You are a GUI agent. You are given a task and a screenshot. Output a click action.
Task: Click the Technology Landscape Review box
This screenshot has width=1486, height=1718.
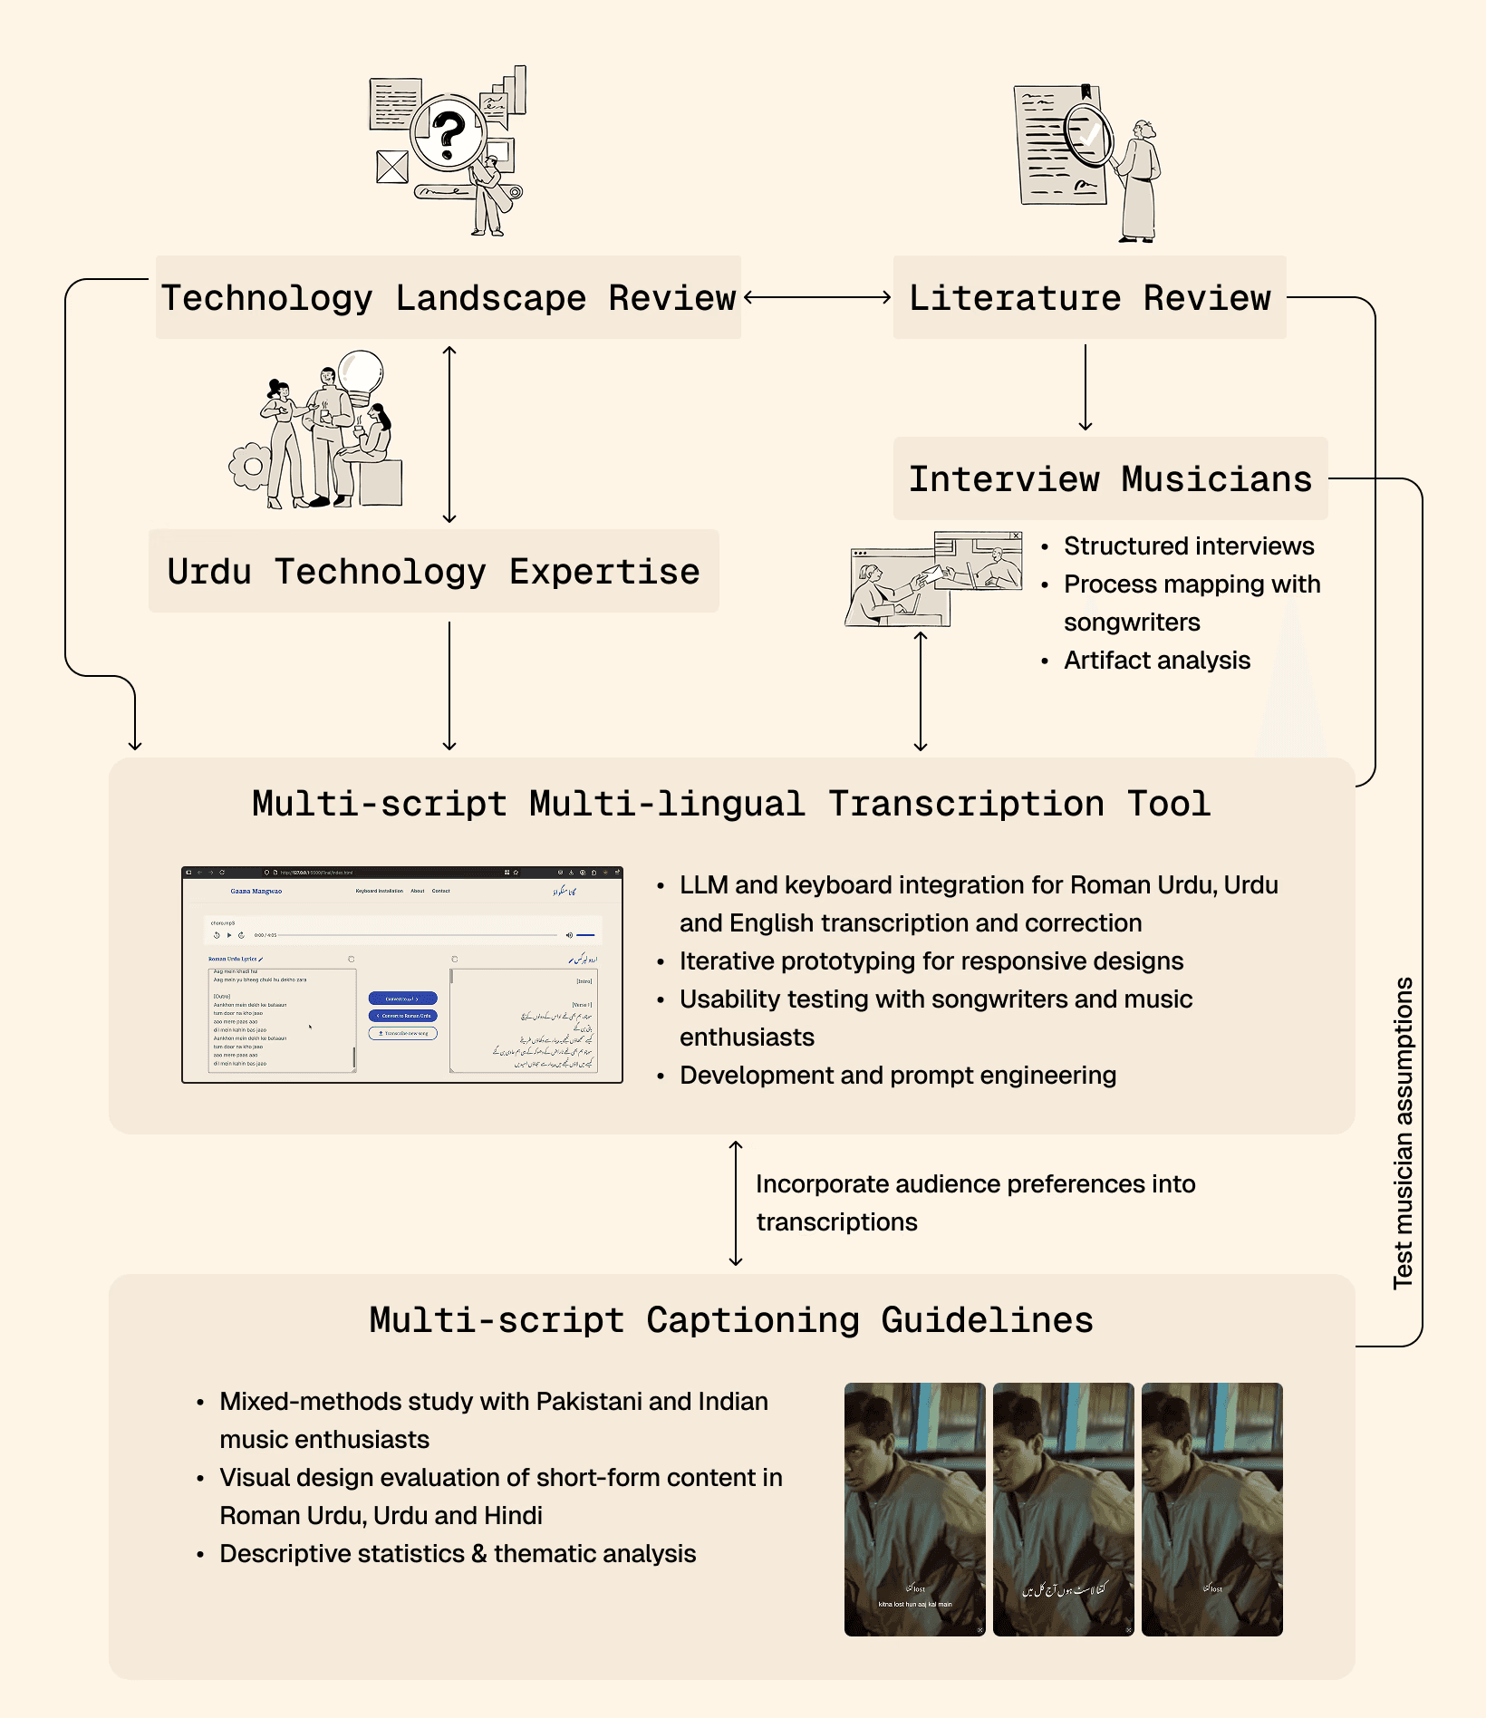point(448,298)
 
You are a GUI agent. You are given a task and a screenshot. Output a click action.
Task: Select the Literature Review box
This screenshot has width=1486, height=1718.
point(1089,298)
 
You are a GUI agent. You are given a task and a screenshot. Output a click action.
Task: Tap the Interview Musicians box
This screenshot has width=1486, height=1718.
point(1110,479)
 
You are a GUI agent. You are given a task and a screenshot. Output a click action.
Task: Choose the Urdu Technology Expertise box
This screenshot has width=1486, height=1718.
point(433,572)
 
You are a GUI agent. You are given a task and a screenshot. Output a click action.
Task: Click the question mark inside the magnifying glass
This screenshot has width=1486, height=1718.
point(448,133)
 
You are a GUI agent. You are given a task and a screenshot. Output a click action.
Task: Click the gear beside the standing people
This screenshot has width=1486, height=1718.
point(251,467)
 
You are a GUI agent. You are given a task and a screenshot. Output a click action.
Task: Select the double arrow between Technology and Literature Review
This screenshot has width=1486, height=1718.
point(817,297)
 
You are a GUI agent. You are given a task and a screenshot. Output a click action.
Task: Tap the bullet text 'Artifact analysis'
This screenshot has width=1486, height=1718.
point(1156,661)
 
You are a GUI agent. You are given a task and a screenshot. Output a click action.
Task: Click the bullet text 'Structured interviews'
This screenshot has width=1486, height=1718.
point(1188,546)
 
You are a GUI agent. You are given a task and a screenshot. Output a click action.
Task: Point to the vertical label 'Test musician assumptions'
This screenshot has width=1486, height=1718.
point(1403,1133)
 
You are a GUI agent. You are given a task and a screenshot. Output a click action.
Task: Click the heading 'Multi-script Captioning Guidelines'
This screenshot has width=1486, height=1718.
point(731,1320)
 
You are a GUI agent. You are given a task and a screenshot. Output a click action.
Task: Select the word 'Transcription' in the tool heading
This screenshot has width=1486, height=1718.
point(966,805)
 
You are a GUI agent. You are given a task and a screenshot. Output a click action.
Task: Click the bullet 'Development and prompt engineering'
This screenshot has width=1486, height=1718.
point(897,1076)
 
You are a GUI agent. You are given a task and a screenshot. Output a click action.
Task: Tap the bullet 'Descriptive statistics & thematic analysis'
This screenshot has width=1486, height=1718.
point(458,1554)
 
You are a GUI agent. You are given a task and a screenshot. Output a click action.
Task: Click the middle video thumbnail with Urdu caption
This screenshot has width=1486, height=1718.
point(1063,1509)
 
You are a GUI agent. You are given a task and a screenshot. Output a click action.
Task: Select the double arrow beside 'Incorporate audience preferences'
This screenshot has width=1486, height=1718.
point(736,1203)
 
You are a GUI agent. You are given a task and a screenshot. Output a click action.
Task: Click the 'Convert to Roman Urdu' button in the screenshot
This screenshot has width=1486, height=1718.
point(402,1016)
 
